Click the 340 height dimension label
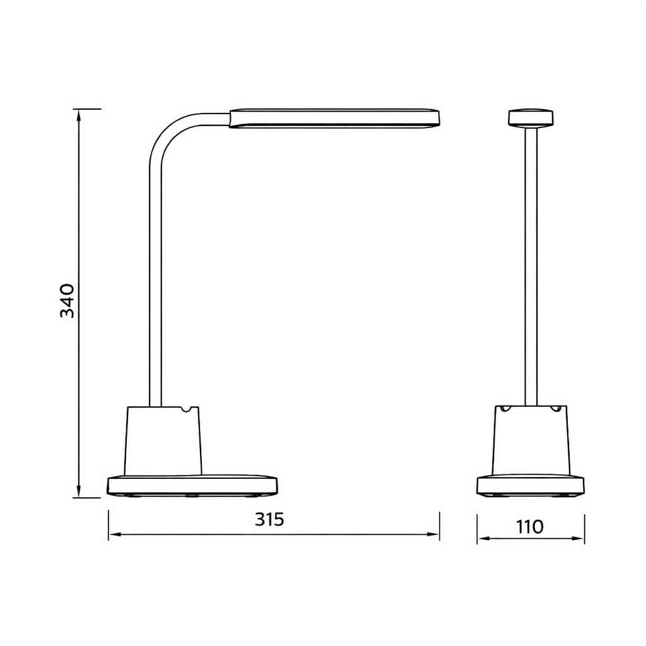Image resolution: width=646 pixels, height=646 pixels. click(68, 301)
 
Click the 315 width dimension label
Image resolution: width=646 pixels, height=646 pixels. click(269, 520)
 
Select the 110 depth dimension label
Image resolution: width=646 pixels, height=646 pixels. click(530, 527)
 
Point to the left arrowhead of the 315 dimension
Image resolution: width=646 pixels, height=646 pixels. click(114, 534)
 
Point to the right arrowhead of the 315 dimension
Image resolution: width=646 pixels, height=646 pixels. click(434, 534)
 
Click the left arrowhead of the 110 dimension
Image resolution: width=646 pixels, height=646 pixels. click(483, 539)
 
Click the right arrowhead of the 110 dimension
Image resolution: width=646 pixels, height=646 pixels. click(579, 539)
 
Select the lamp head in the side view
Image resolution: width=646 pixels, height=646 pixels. click(334, 118)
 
